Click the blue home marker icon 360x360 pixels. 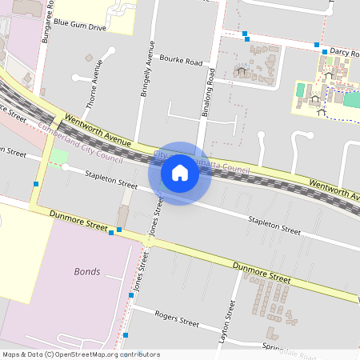pyautogui.click(x=180, y=172)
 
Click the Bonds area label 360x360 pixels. pyautogui.click(x=87, y=271)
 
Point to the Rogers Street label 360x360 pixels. pyautogui.click(x=177, y=319)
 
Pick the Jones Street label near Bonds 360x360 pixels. pyautogui.click(x=141, y=280)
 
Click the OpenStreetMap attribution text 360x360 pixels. pyautogui.click(x=81, y=354)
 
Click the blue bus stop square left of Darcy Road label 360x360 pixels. pyautogui.click(x=317, y=45)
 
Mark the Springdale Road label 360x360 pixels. pyautogui.click(x=289, y=346)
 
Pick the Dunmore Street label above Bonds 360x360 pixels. pyautogui.click(x=78, y=222)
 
